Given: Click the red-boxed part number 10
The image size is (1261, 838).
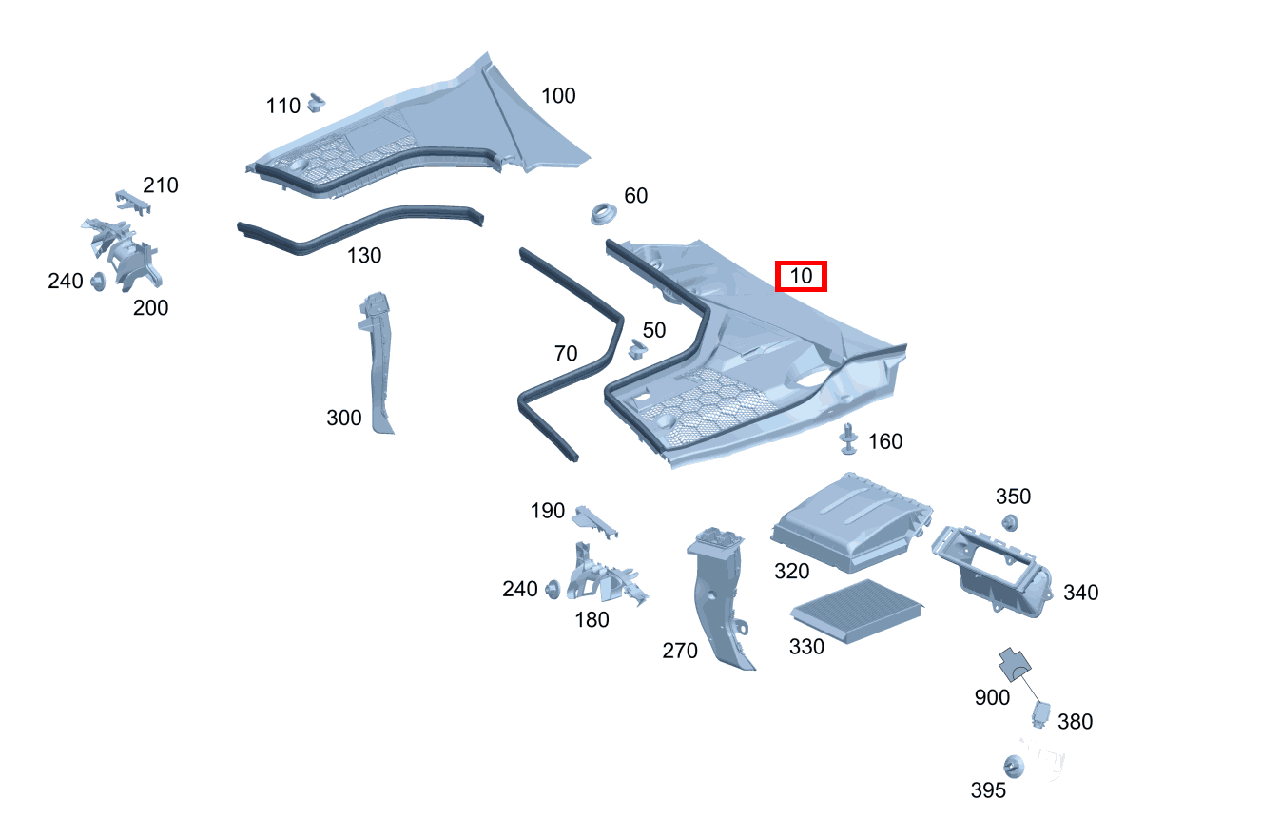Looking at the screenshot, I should [x=802, y=277].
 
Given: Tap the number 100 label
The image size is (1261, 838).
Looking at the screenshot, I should [x=558, y=96].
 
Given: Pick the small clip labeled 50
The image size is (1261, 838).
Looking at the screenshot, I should [x=636, y=350].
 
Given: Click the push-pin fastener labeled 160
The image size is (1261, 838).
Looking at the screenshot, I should [x=847, y=438].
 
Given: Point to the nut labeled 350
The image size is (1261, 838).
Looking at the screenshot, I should [x=1010, y=521].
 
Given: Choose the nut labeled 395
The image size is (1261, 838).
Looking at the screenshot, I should [x=1014, y=766].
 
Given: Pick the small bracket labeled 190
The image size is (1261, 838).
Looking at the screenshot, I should [x=593, y=518].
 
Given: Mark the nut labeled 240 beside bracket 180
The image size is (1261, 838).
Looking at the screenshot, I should [x=552, y=591].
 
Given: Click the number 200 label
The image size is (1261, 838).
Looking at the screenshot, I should [x=150, y=307].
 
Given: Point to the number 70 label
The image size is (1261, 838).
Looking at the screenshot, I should [x=565, y=354].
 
